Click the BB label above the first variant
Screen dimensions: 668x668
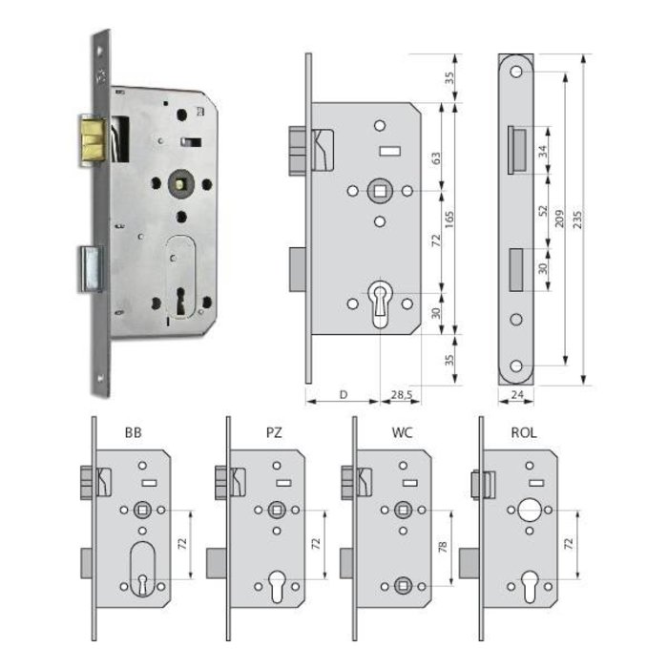pos(134,432)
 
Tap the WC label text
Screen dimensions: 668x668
pos(401,432)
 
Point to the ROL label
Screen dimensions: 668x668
pos(523,432)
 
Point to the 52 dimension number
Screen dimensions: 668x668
pos(543,210)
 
